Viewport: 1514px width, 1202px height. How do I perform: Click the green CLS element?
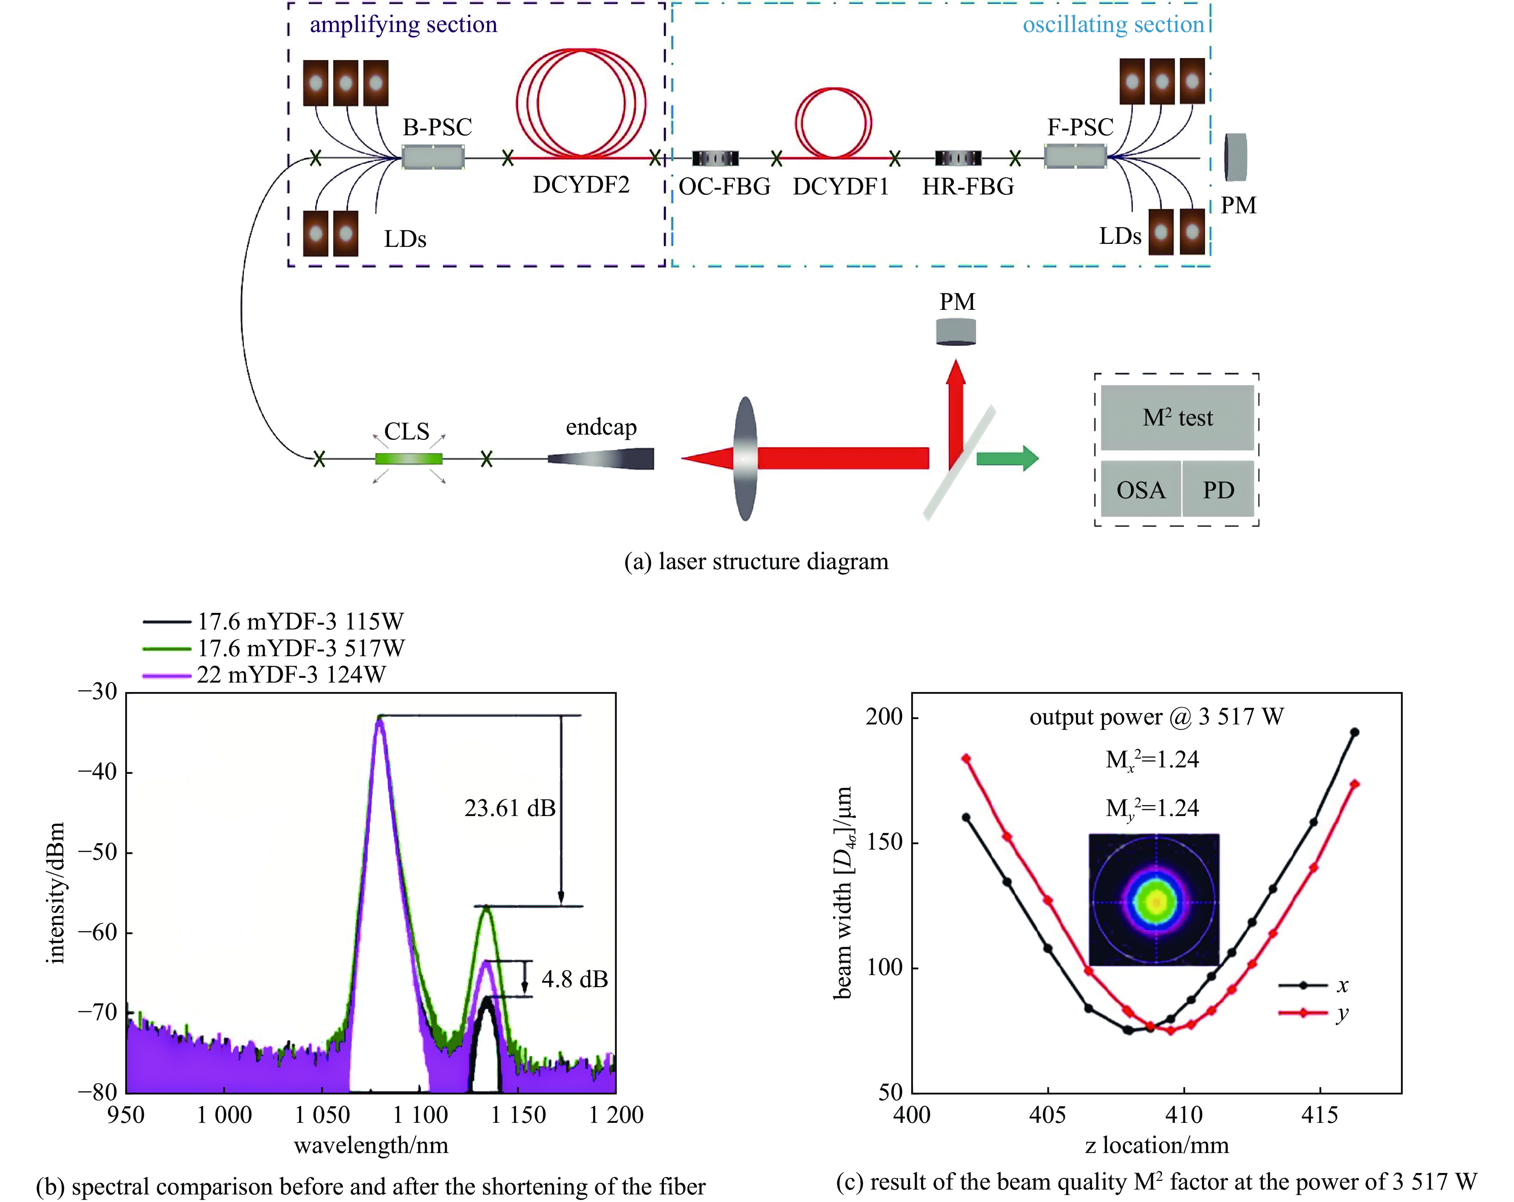409,459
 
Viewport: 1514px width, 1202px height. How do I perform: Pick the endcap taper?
601,459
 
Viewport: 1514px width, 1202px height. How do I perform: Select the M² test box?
1177,418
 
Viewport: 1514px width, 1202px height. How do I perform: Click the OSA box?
1140,489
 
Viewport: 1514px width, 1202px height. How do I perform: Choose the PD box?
1218,489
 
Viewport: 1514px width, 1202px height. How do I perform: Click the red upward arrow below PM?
955,414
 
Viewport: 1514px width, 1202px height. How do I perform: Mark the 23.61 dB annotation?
510,808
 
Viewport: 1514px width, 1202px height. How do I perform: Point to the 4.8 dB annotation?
575,979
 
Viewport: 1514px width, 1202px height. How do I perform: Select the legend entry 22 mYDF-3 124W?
291,675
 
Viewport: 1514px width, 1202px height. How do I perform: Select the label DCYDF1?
841,187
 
